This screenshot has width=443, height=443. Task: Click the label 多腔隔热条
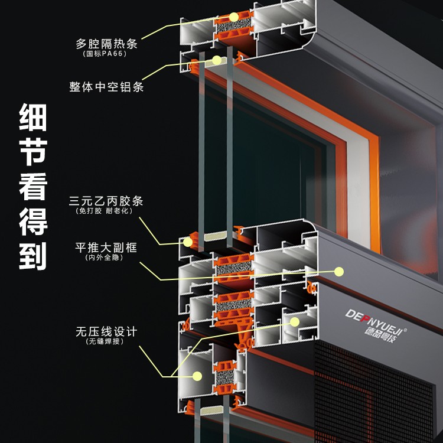[x=106, y=44]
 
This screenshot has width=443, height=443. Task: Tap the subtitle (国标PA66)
[x=105, y=54]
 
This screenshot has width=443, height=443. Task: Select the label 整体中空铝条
[x=106, y=87]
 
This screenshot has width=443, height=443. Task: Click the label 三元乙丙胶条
[x=106, y=201]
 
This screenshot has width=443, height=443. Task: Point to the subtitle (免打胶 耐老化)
[x=104, y=211]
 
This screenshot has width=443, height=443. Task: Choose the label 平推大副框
[x=106, y=247]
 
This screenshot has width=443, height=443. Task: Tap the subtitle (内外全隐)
[x=104, y=258]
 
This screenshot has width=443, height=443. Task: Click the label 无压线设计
[x=106, y=332]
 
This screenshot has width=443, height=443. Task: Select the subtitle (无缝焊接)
[x=105, y=341]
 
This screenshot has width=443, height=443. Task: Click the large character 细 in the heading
[x=32, y=117]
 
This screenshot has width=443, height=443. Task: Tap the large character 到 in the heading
[x=32, y=256]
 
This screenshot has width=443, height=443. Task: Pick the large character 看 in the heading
[x=32, y=187]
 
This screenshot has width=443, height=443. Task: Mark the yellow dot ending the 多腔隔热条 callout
[x=234, y=17]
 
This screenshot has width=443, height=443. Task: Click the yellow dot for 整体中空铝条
[x=217, y=60]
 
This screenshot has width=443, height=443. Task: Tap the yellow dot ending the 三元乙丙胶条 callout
[x=188, y=242]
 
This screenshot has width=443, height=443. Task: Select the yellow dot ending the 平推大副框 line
[x=339, y=272]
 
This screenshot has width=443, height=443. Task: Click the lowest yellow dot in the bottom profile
[x=197, y=376]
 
